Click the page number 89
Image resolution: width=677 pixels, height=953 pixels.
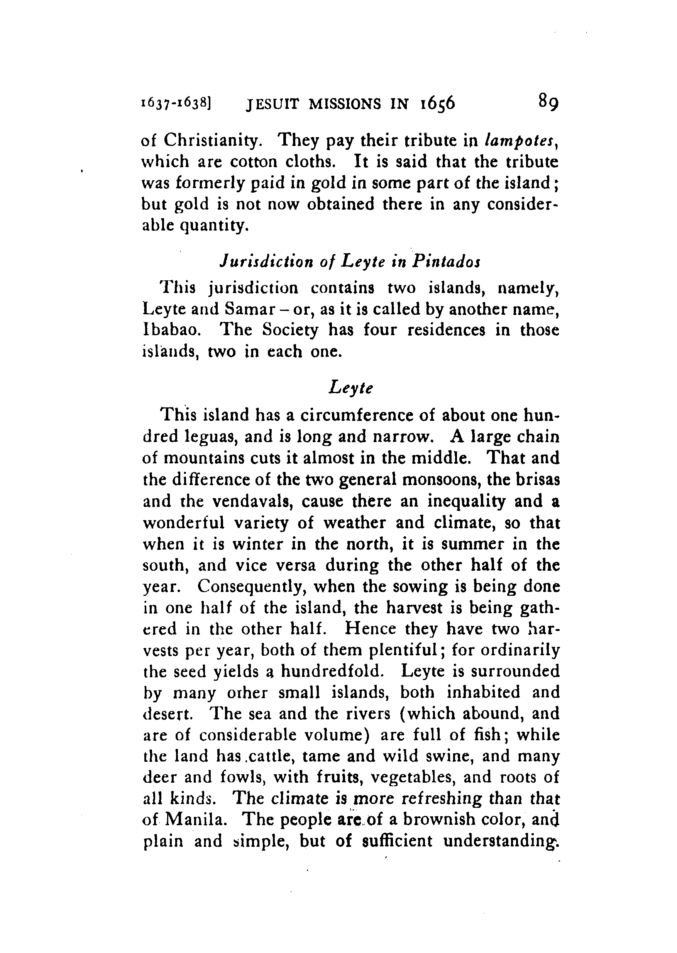(548, 102)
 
